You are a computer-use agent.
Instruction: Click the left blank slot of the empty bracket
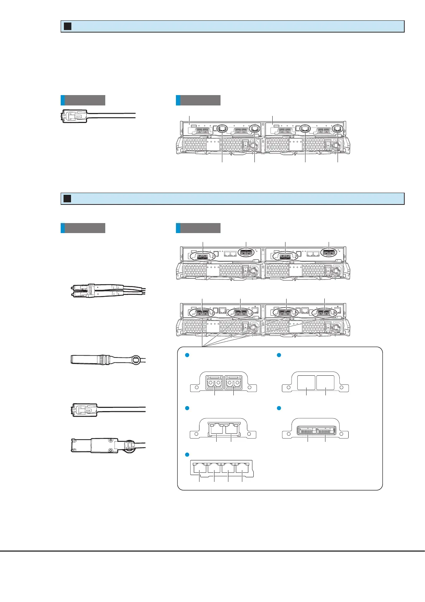point(306,382)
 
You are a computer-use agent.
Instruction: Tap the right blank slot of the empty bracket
point(325,382)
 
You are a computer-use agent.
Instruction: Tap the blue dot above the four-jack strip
point(186,454)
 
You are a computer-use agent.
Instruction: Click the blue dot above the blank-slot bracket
point(279,355)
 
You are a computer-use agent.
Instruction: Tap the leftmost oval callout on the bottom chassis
point(202,313)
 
